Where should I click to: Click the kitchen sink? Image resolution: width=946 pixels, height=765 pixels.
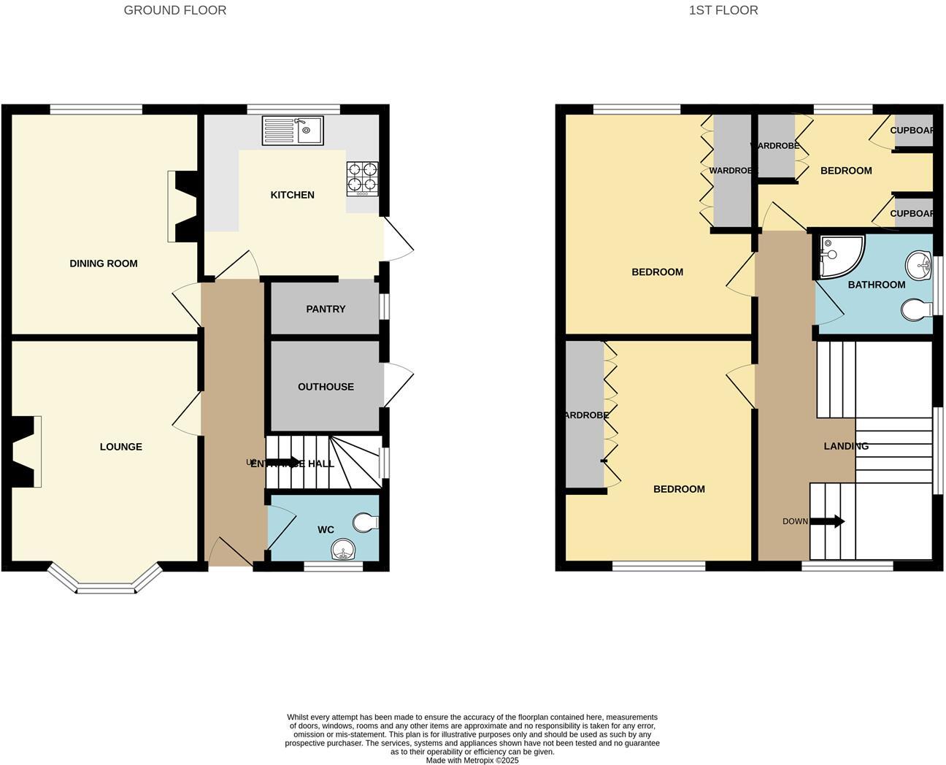293,131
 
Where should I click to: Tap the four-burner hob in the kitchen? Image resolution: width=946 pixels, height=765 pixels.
362,178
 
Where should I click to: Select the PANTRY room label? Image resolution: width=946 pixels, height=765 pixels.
326,310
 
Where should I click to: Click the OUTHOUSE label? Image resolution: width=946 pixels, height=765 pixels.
326,387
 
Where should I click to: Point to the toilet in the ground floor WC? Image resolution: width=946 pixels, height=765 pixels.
365,522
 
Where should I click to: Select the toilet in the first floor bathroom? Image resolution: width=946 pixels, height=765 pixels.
915,310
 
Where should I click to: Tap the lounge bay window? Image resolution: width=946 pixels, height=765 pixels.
105,580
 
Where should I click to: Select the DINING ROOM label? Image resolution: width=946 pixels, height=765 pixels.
104,264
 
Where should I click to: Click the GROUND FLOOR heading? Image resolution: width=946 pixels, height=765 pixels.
175,10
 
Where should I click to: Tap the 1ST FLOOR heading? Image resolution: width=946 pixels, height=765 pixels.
723,10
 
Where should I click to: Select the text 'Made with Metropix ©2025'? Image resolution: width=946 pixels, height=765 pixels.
472,760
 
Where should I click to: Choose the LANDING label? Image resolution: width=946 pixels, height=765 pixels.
846,446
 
